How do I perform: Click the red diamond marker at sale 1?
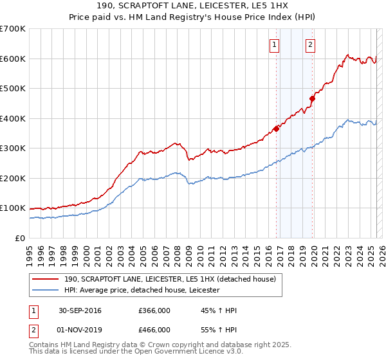click(276, 128)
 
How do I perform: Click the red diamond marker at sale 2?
click(312, 98)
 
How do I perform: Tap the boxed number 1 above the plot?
click(275, 44)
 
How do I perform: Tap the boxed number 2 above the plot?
click(310, 44)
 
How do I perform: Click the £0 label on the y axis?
click(19, 238)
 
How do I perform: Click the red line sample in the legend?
click(46, 278)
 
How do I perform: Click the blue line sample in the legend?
click(46, 290)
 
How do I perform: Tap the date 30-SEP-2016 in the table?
click(80, 310)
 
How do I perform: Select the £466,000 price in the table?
click(154, 329)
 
